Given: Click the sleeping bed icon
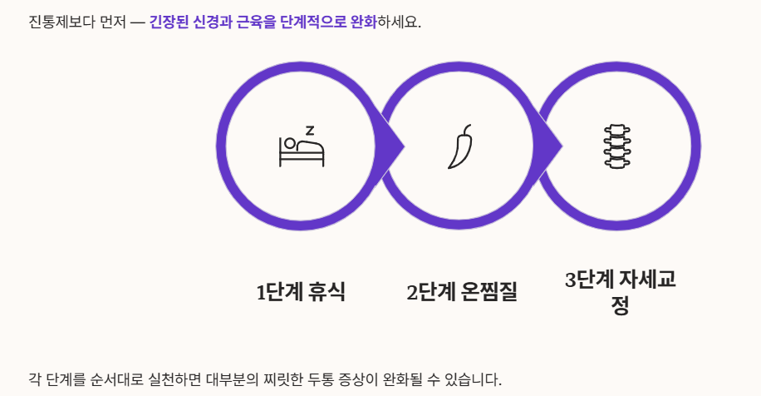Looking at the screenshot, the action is pos(300,150).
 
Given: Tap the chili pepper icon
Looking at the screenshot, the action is pos(459,147).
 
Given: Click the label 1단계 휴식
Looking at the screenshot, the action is pos(300,292).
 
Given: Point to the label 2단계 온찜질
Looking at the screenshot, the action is pos(461,292).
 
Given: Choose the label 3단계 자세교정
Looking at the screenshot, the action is pos(620,292).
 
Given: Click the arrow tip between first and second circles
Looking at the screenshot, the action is pos(400,146).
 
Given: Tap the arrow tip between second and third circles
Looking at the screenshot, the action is pos(558,146).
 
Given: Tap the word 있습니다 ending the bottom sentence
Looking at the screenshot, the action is pos(474,379).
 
